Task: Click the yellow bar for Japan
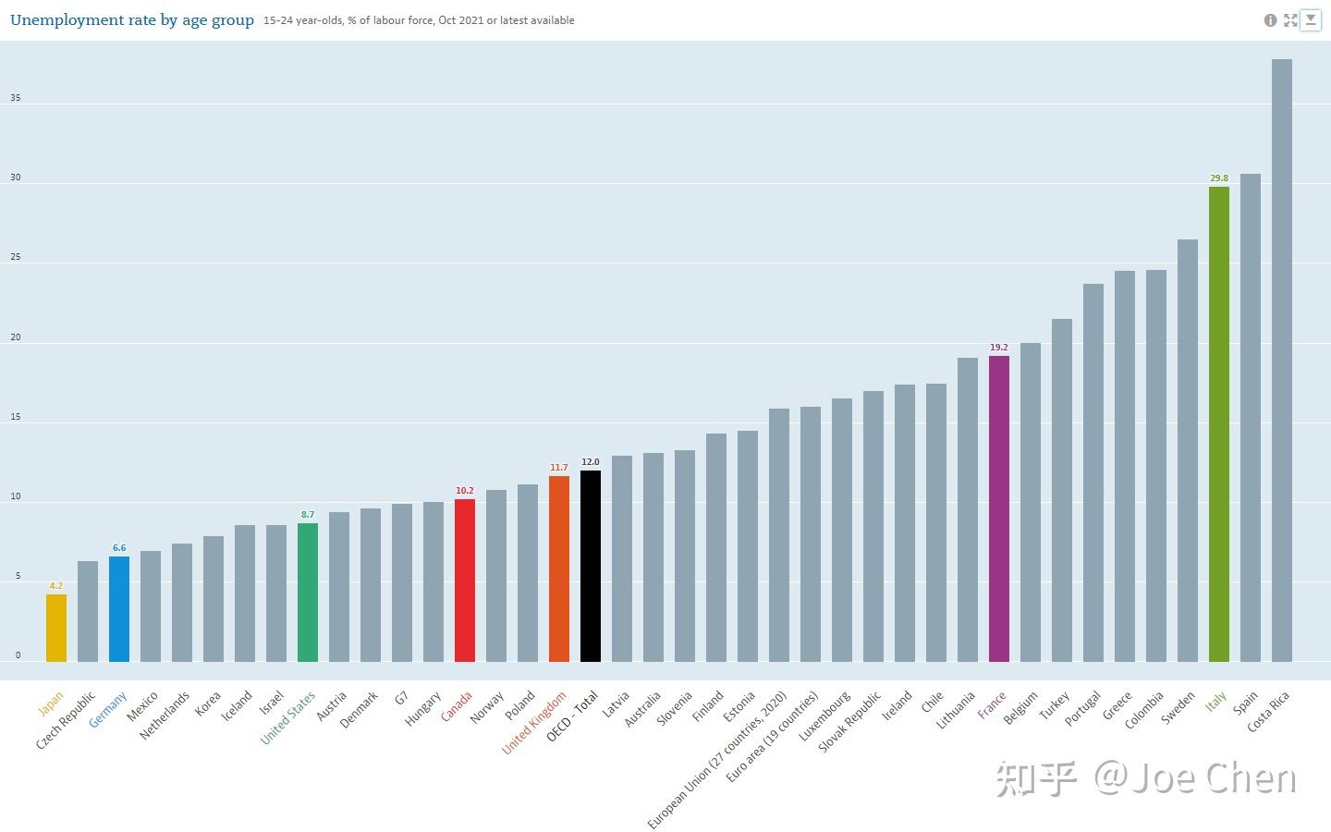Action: (x=56, y=629)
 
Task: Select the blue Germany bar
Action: (x=119, y=609)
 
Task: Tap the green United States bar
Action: (x=308, y=593)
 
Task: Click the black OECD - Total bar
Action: (x=591, y=567)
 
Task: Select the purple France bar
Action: (x=999, y=508)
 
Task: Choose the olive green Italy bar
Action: (x=1219, y=424)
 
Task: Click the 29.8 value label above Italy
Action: (x=1219, y=178)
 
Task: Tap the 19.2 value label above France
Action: (x=999, y=348)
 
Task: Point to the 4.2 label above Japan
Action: (x=56, y=586)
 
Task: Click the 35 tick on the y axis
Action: (x=16, y=98)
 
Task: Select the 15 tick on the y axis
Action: (x=16, y=417)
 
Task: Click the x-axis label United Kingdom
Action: (x=535, y=724)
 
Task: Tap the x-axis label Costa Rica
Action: (x=1269, y=713)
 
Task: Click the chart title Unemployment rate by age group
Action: (x=132, y=20)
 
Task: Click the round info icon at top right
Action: (x=1270, y=20)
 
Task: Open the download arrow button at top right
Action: (x=1311, y=20)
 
